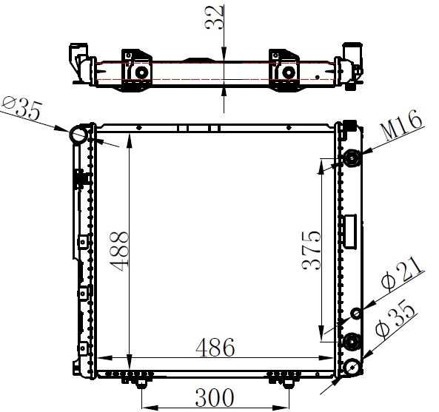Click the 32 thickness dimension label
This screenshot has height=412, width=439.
(x=214, y=17)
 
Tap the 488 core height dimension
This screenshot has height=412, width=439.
(x=119, y=251)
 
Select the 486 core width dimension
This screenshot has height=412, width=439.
(x=215, y=348)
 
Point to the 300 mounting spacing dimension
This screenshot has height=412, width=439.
(x=214, y=397)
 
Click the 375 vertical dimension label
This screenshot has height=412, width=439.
(x=312, y=250)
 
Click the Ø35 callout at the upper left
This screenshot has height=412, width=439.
(x=22, y=107)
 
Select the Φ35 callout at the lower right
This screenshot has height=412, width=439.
(x=395, y=318)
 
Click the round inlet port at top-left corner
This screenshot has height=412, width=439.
(x=78, y=135)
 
